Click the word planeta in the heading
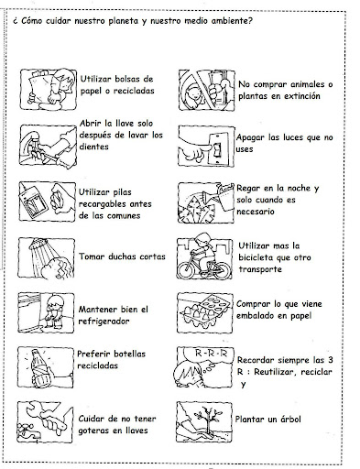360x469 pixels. click(123, 21)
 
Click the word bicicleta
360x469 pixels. click(256, 257)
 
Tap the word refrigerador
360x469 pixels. click(104, 322)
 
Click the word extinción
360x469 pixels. click(301, 96)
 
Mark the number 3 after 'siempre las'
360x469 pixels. click(330, 360)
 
